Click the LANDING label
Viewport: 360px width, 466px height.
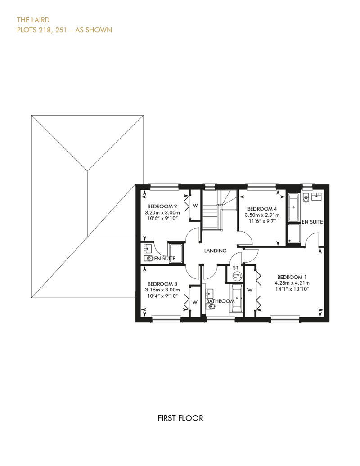215,251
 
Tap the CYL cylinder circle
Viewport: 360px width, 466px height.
237,276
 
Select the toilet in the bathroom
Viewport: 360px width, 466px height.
210,307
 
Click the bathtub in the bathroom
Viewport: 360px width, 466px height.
237,298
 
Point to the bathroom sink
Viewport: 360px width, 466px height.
210,293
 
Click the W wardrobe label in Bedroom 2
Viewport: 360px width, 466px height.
195,206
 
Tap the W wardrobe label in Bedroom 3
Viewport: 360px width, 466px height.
195,302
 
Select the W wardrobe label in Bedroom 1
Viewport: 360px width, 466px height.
250,290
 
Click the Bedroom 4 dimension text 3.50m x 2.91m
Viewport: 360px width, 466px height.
262,215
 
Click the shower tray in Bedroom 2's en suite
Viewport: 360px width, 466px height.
176,253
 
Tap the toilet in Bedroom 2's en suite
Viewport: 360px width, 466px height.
148,258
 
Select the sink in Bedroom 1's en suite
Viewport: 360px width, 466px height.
317,197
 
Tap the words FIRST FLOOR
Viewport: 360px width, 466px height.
180,418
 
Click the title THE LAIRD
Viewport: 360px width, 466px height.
33,20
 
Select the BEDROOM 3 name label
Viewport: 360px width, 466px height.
162,284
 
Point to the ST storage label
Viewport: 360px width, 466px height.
236,268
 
